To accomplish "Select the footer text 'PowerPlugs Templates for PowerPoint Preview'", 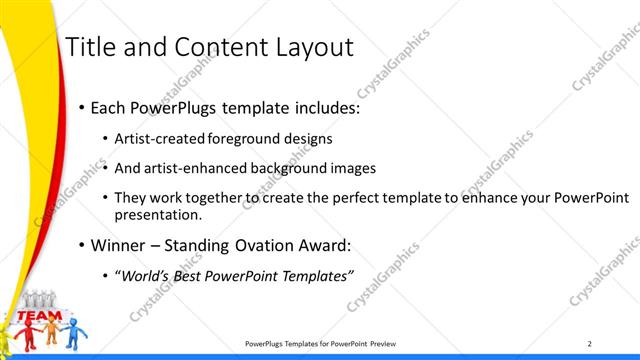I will click(320, 343).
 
